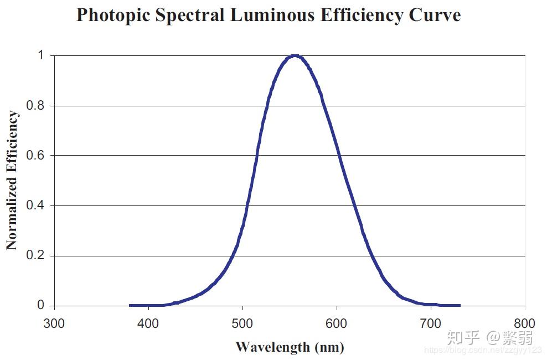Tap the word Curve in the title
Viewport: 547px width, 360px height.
[x=435, y=16]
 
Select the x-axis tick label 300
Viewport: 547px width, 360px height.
[x=54, y=323]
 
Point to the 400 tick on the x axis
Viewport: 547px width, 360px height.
[x=148, y=323]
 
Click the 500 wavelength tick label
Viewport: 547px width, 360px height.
[x=242, y=323]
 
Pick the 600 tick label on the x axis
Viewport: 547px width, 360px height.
[x=337, y=323]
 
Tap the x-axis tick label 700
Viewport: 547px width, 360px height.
[x=430, y=323]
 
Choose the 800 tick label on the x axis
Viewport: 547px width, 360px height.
[x=524, y=323]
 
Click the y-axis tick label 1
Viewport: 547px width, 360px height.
[x=40, y=55]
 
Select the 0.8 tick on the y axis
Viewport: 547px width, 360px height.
[x=36, y=106]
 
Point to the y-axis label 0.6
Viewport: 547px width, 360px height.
[x=36, y=156]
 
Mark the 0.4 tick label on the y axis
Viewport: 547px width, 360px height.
[x=36, y=206]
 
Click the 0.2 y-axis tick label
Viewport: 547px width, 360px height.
[x=36, y=256]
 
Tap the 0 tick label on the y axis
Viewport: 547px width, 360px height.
[x=40, y=306]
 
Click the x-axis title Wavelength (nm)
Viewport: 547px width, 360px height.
[x=290, y=347]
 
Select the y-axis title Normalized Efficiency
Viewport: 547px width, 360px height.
[x=12, y=181]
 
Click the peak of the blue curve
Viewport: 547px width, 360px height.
[x=295, y=56]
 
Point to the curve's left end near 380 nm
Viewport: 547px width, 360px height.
[x=131, y=305]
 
